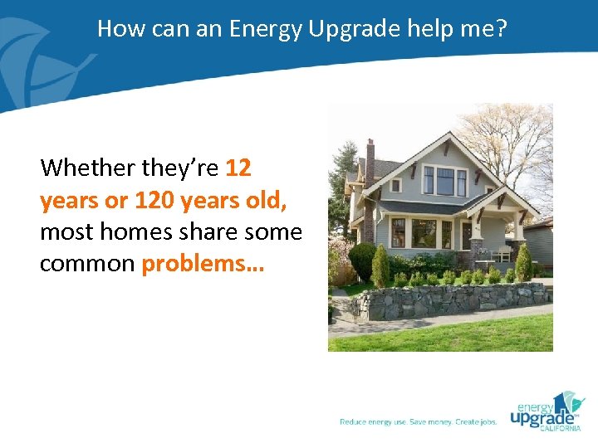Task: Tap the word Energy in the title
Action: click(266, 28)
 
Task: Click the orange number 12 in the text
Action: click(238, 168)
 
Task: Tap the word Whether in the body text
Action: click(88, 168)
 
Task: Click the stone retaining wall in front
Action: click(448, 303)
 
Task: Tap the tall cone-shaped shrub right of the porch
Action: click(523, 264)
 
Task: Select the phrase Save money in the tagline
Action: click(430, 422)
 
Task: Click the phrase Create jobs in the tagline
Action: click(476, 422)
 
